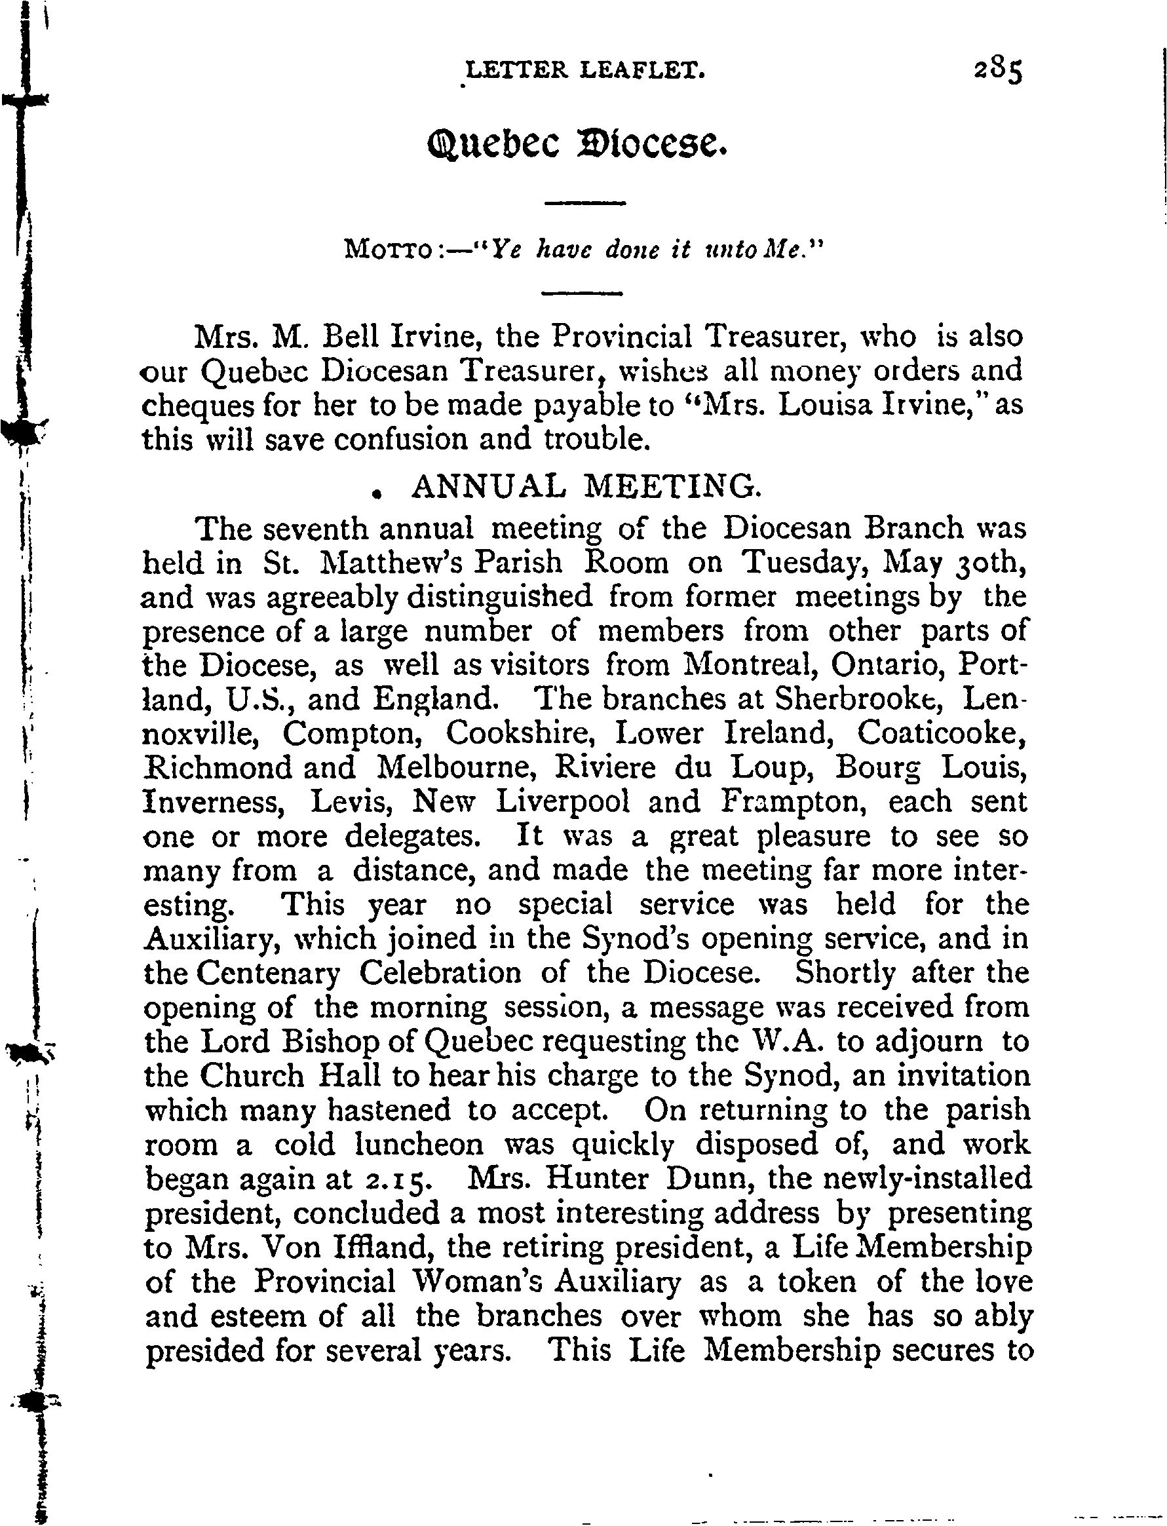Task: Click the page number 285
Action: coord(998,71)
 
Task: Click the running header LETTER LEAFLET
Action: coord(586,69)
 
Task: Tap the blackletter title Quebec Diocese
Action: coord(577,143)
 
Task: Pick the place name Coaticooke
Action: coord(941,733)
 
